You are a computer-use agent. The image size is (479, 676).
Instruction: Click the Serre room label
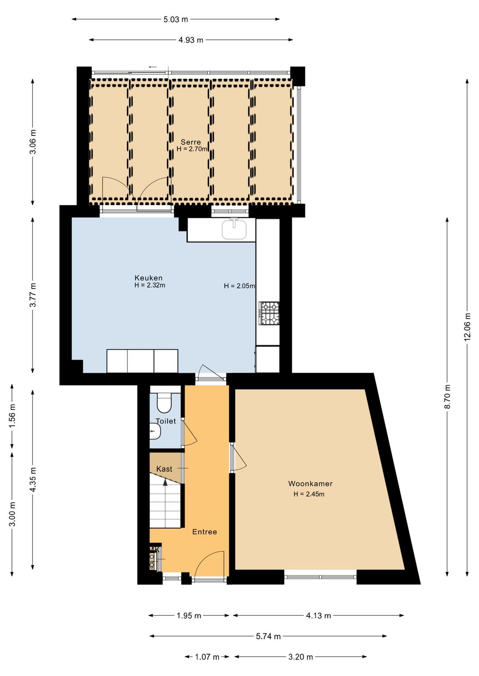(x=191, y=142)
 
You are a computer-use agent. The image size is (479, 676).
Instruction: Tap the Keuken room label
(x=149, y=278)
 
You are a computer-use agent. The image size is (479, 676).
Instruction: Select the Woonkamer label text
(x=310, y=483)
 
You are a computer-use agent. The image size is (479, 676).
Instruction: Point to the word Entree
(x=204, y=532)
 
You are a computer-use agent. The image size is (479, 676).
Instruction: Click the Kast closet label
(x=164, y=469)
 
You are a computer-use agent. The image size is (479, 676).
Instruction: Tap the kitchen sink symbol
(x=234, y=229)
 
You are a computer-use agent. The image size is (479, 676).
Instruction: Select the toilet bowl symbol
(x=165, y=403)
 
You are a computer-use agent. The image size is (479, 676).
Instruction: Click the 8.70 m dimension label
(x=448, y=396)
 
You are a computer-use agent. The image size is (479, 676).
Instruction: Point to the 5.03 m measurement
(x=176, y=19)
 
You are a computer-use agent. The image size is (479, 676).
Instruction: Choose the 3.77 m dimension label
(x=33, y=295)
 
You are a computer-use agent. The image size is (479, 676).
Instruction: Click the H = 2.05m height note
(x=239, y=286)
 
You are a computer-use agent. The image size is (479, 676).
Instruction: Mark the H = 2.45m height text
(x=309, y=494)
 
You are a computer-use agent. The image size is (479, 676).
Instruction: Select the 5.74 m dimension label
(x=268, y=637)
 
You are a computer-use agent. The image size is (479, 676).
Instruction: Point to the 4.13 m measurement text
(x=318, y=616)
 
